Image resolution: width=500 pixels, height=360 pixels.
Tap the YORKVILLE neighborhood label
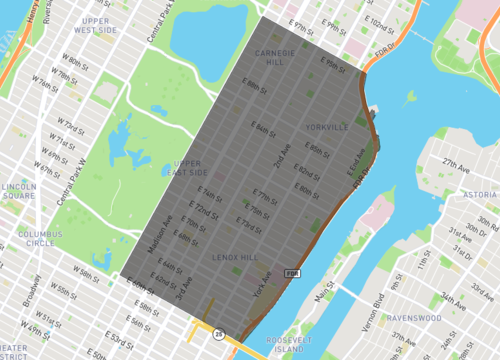tap(328, 127)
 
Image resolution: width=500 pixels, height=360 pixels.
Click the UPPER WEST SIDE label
tap(97, 25)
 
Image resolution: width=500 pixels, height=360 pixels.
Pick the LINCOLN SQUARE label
tap(19, 191)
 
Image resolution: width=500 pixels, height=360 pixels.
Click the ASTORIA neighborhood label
tap(480, 194)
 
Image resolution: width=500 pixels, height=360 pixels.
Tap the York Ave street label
tap(263, 290)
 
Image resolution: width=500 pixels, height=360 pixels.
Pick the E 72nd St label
tap(205, 213)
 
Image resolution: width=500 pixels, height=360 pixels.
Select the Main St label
tap(324, 296)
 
